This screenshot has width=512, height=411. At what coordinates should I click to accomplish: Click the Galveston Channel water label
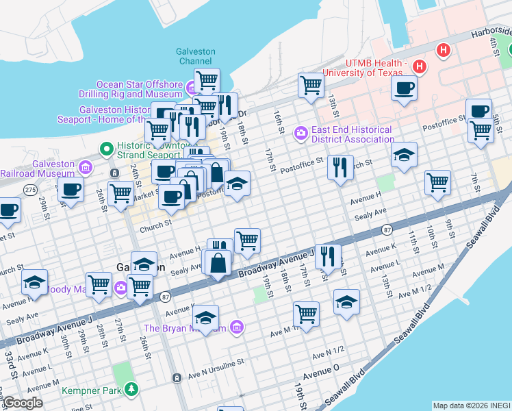[x=196, y=56]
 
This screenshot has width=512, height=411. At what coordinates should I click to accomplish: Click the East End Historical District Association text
[x=352, y=134]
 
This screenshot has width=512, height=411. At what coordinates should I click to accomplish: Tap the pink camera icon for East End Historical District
[x=300, y=132]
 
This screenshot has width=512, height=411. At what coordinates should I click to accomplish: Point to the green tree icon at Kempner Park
[x=131, y=390]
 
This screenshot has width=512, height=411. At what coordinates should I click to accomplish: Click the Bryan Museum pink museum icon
[x=236, y=327]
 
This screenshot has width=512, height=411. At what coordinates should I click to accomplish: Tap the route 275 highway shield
[x=29, y=189]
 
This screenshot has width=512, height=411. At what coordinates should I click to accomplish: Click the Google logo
[x=22, y=403]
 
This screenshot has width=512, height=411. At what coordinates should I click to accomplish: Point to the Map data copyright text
[x=471, y=406]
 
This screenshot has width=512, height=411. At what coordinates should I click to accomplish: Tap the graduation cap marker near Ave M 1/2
[x=347, y=301]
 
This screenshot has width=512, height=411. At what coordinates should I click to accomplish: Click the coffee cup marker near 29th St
[x=70, y=190]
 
